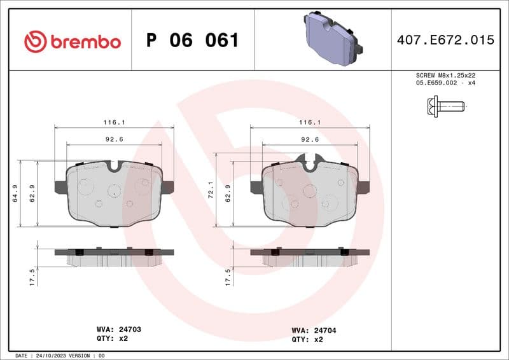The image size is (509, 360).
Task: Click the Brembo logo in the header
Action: [x=72, y=41]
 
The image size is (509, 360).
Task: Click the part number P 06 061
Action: [x=192, y=41]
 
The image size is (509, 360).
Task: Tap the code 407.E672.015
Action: [x=445, y=40]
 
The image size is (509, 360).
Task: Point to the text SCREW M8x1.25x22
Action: [x=445, y=75]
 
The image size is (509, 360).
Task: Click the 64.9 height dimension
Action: [x=14, y=193]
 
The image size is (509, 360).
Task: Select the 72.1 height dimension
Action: [x=210, y=193]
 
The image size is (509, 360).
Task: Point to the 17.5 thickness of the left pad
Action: [x=32, y=277]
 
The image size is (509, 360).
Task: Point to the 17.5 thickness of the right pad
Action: [x=228, y=277]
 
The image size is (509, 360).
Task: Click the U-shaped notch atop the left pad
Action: [x=115, y=166]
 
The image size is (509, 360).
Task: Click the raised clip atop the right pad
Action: [x=310, y=161]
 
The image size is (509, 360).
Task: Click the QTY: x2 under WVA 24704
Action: [x=307, y=340]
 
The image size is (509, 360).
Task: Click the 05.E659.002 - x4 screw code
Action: [x=445, y=83]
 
